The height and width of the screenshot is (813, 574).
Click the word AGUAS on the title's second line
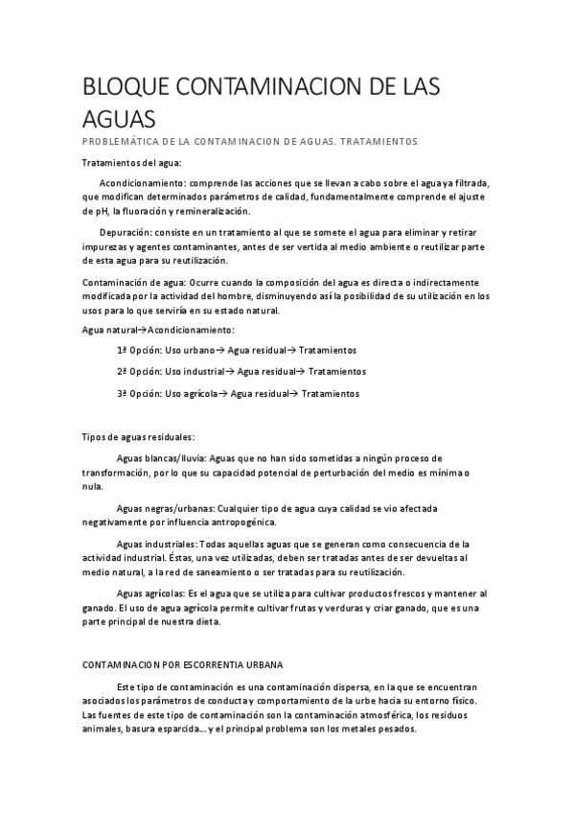tap(120, 120)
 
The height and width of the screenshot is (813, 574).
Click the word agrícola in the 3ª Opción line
tap(203, 393)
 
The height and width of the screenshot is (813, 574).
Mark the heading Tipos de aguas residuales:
tap(138, 437)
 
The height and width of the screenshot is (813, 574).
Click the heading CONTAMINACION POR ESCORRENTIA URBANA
tap(182, 664)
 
